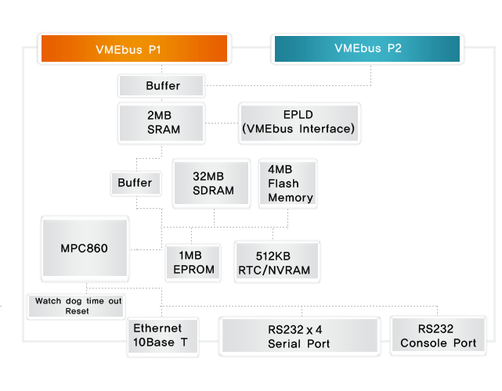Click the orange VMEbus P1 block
(134, 48)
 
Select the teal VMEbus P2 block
(367, 48)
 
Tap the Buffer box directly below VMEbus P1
(161, 86)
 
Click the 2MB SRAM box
(161, 123)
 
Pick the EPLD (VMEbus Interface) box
(299, 123)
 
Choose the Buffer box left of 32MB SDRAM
(135, 183)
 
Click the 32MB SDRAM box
(211, 183)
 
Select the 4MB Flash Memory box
(288, 183)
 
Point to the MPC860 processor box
(85, 248)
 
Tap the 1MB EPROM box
(193, 262)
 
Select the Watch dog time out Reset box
(76, 306)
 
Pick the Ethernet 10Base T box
(163, 336)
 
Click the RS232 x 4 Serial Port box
(300, 335)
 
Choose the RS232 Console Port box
(439, 335)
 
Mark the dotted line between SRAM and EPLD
(222, 123)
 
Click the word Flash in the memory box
(284, 184)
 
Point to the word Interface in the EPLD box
(325, 129)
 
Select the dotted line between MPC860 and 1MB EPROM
(146, 249)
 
